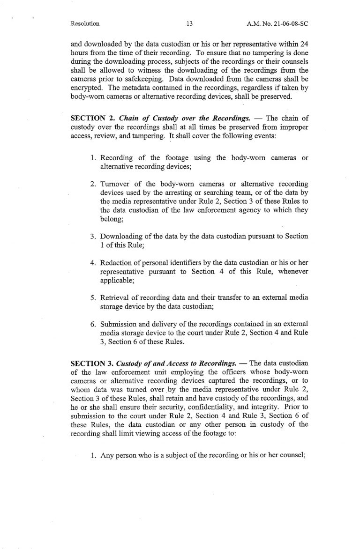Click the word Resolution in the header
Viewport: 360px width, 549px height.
pos(85,23)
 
